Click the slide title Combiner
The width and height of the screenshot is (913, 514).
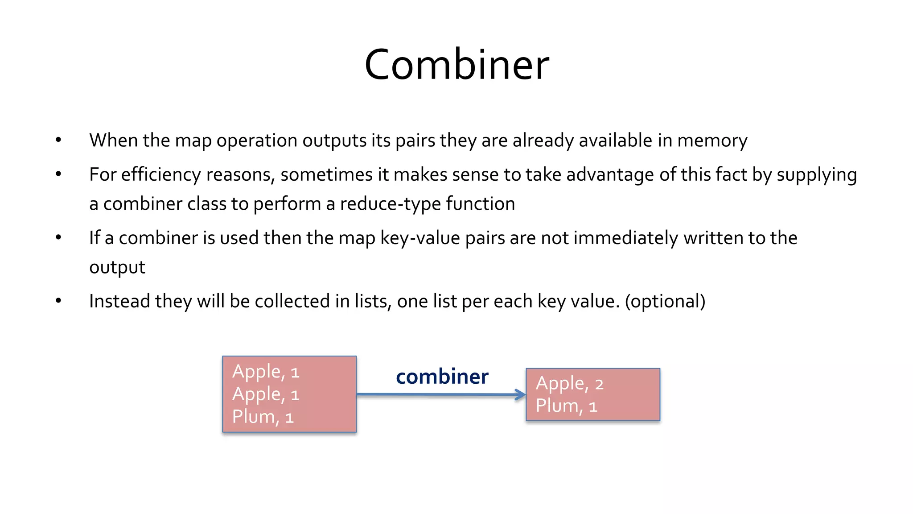point(456,65)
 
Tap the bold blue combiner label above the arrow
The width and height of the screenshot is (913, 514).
point(442,377)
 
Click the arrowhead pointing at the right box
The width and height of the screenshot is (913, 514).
point(520,394)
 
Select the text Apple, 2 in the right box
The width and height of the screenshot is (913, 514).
point(569,384)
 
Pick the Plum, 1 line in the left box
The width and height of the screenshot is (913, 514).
point(263,417)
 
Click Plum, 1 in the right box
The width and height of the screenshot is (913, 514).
point(566,406)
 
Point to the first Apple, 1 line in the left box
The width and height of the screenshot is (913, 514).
point(266,371)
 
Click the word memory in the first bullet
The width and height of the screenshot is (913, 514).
point(712,141)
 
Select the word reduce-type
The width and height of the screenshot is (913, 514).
point(390,204)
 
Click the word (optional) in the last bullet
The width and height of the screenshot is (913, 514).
point(665,302)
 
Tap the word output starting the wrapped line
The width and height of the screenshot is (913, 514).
point(117,267)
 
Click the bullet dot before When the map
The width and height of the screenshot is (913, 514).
point(58,140)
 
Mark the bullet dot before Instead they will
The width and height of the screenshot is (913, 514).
point(58,301)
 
